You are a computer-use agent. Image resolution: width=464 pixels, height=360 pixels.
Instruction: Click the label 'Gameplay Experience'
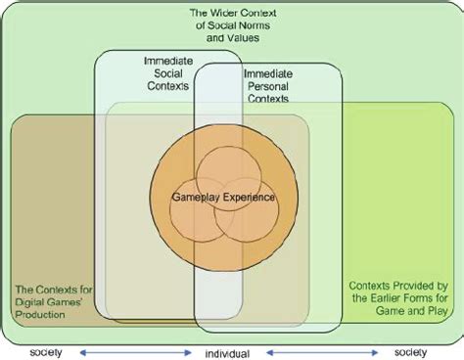point(223,197)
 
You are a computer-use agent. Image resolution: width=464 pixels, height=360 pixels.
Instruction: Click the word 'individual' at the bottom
point(226,351)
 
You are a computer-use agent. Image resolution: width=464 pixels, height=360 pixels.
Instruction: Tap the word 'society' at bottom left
point(49,351)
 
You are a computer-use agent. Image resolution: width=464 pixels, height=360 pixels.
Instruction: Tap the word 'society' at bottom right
point(411,351)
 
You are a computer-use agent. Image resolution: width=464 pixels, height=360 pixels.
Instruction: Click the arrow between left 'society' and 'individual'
point(134,351)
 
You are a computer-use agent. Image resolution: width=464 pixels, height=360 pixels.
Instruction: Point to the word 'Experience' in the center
point(251,197)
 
